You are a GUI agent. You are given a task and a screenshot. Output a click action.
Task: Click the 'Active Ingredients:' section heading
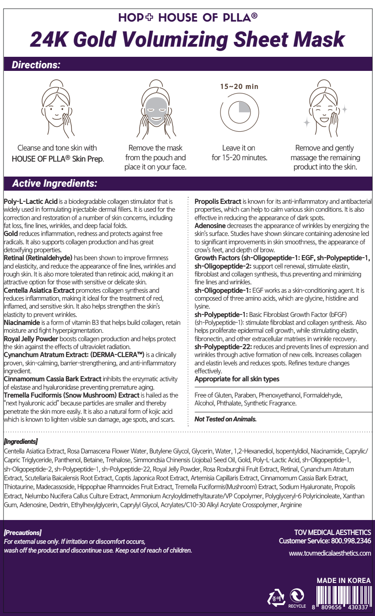pyautogui.click(x=55, y=183)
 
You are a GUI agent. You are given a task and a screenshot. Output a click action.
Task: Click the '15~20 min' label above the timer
pyautogui.click(x=239, y=87)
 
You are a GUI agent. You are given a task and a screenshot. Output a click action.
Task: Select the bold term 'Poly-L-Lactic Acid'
pyautogui.click(x=30, y=201)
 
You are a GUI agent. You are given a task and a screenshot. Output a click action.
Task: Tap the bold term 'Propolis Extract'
pyautogui.click(x=217, y=201)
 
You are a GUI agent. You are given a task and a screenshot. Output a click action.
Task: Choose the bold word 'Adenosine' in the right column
pyautogui.click(x=210, y=225)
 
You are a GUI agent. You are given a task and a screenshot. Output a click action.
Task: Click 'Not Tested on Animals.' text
pyautogui.click(x=225, y=419)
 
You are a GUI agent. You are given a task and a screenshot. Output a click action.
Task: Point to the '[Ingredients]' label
pyautogui.click(x=21, y=441)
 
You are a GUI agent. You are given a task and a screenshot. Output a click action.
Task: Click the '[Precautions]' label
pyautogui.click(x=22, y=533)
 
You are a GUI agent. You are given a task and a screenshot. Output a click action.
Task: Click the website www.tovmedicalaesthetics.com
pyautogui.click(x=330, y=553)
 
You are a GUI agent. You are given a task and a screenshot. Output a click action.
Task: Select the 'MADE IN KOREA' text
pyautogui.click(x=343, y=580)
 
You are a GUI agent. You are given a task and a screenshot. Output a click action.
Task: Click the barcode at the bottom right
pyautogui.click(x=342, y=597)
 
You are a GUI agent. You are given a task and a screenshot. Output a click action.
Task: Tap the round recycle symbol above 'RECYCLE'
pyautogui.click(x=297, y=595)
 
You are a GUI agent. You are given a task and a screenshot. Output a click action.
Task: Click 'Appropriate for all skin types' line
pyautogui.click(x=237, y=379)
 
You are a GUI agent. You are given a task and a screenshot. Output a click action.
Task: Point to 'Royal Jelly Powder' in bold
pyautogui.click(x=31, y=339)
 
